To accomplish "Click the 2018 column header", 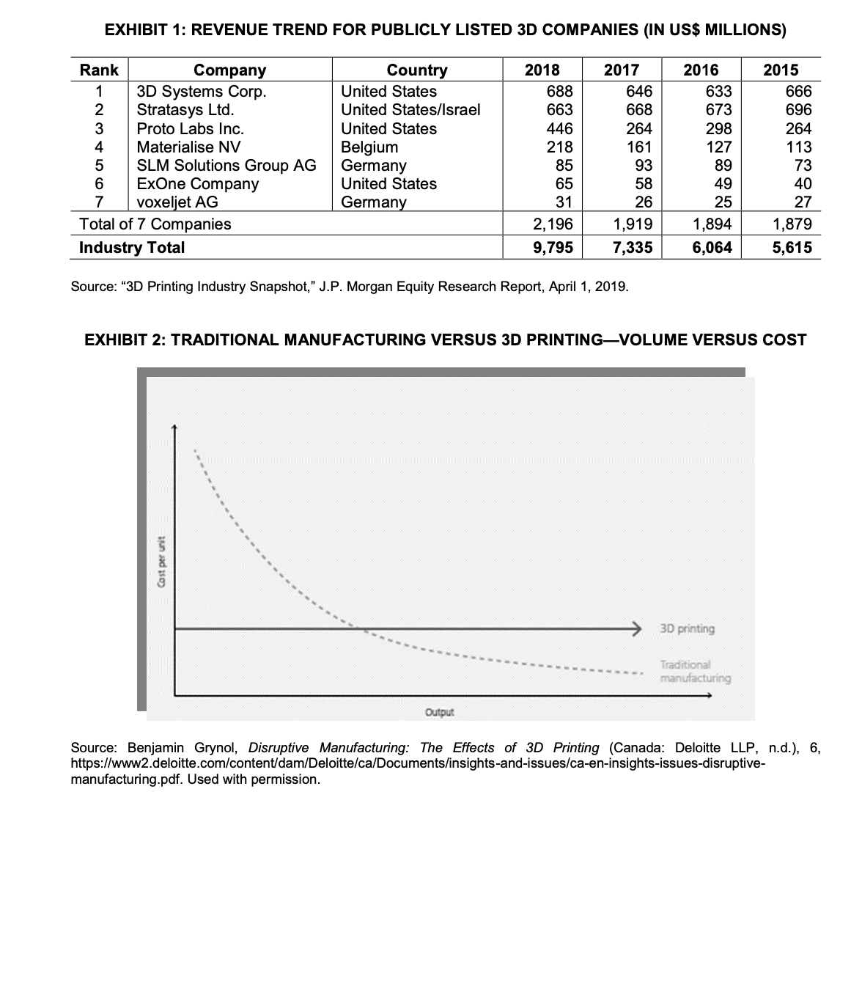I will [x=542, y=70].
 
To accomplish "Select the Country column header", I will [x=416, y=70].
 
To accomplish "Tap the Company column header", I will [x=229, y=70].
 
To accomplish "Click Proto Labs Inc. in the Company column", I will [x=191, y=128].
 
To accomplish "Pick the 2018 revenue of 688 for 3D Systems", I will [x=560, y=91].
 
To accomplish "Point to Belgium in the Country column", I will [x=369, y=147].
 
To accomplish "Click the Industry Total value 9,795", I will [x=553, y=247].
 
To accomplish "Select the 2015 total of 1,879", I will [x=792, y=224].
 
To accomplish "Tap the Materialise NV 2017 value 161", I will [x=639, y=147].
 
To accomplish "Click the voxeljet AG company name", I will [x=177, y=202].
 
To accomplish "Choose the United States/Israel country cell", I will [x=410, y=110].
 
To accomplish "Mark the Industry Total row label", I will [x=132, y=247].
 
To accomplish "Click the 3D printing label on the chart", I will [x=687, y=628].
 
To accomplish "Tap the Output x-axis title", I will [x=439, y=712].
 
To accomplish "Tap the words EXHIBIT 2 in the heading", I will [x=125, y=340].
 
